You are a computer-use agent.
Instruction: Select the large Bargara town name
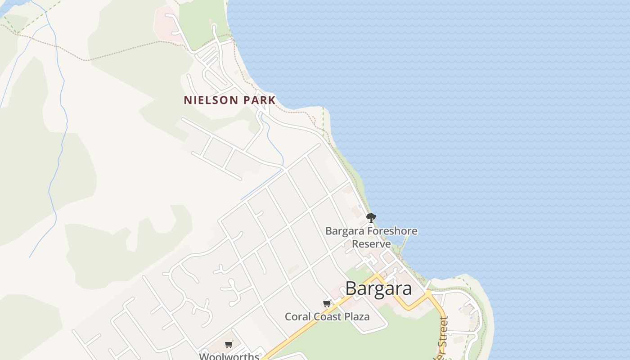pos(378,289)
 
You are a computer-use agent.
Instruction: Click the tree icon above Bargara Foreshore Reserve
pos(371,218)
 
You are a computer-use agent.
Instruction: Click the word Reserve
pos(371,244)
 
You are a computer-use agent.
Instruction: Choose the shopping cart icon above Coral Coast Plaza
pos(327,303)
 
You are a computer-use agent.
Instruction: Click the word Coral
pos(297,317)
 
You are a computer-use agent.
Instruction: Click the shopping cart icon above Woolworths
pos(229,344)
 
